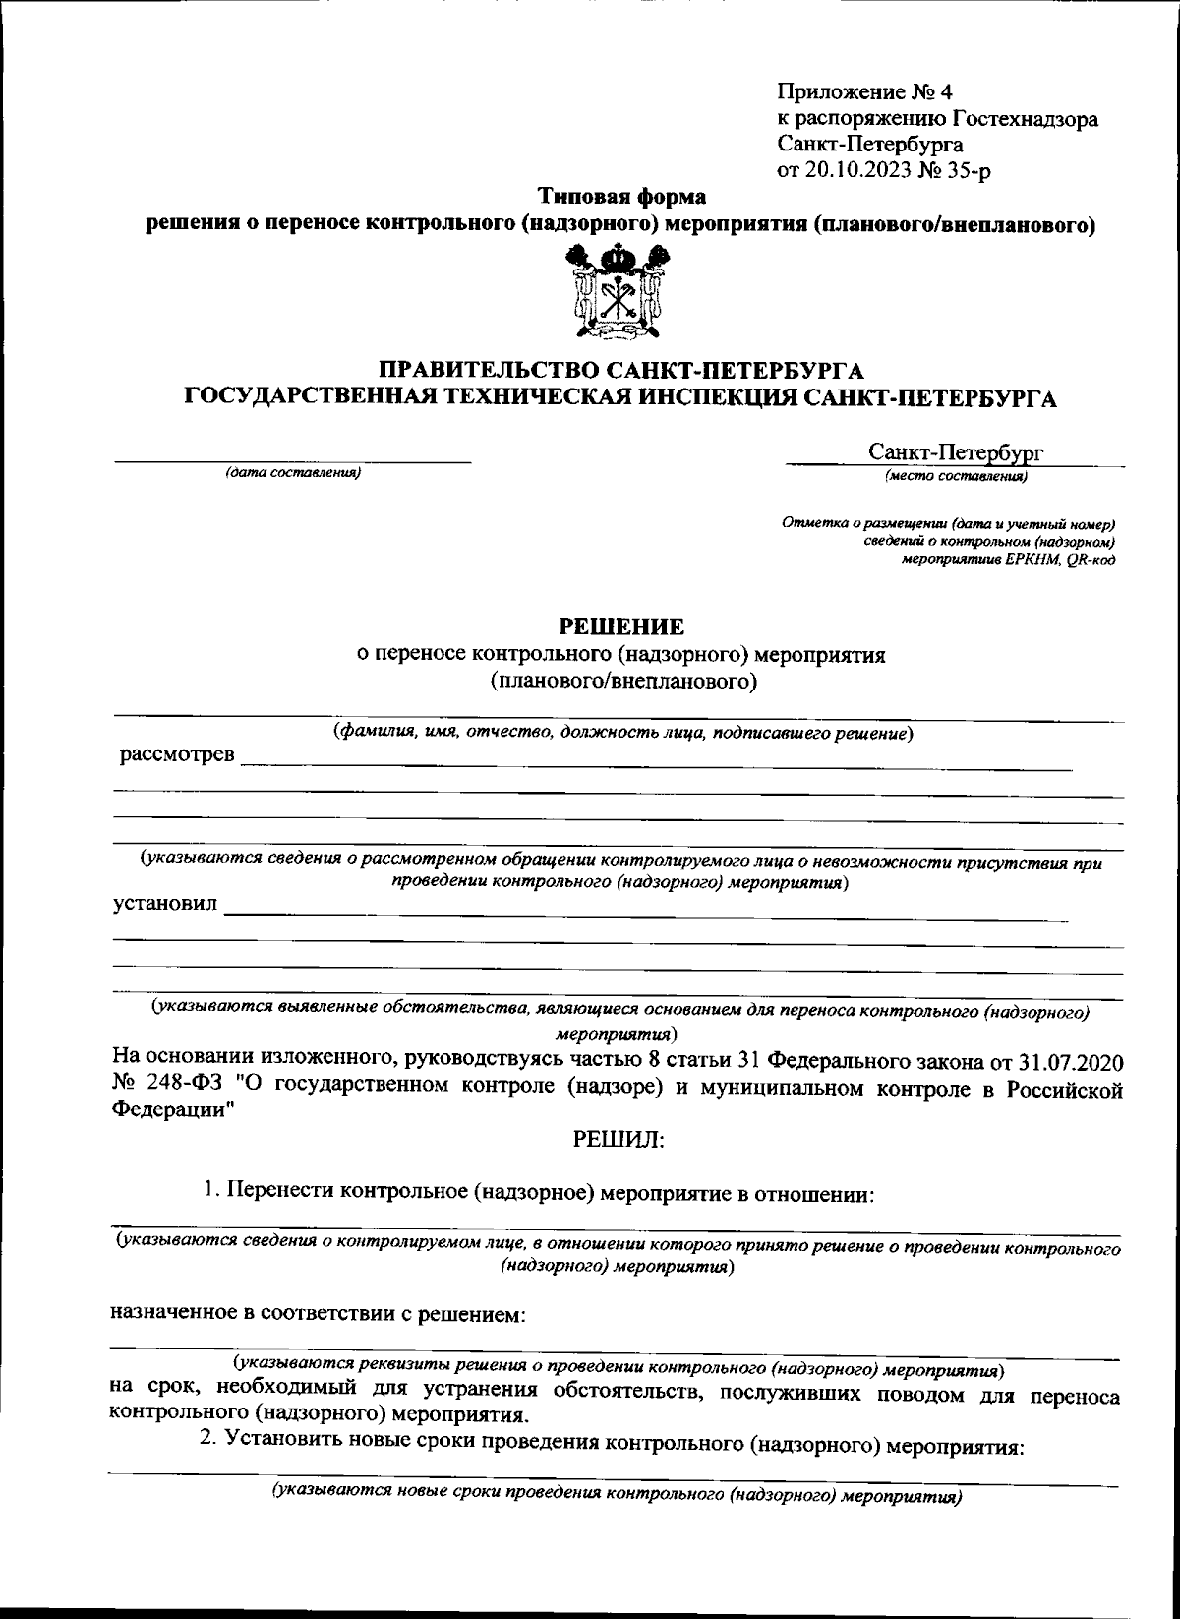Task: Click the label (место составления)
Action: [956, 477]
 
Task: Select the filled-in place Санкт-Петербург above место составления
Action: [956, 452]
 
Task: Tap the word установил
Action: [165, 905]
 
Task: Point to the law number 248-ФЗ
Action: [175, 1088]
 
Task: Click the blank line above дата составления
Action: [293, 460]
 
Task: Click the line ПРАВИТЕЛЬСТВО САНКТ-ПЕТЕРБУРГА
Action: [621, 371]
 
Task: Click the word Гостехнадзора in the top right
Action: [1025, 120]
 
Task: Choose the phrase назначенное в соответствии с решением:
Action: [321, 1315]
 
